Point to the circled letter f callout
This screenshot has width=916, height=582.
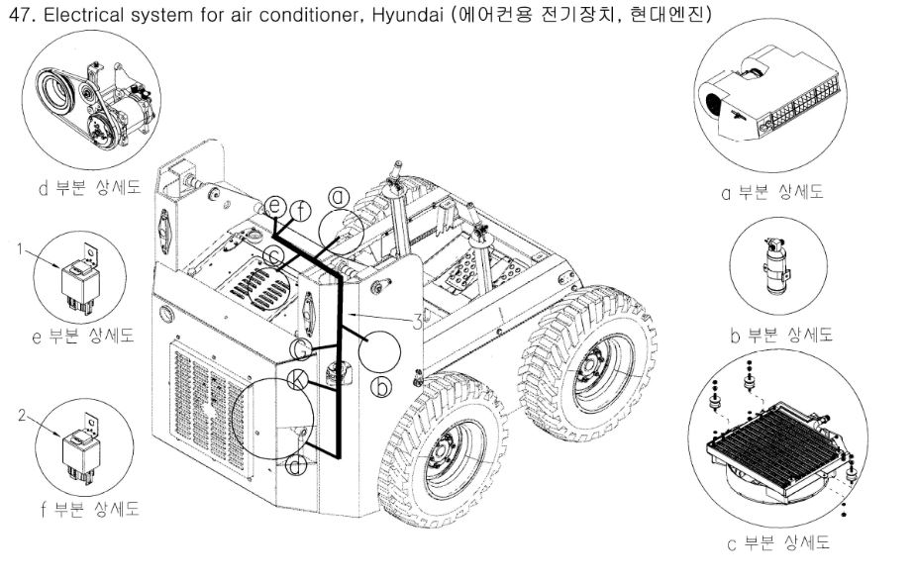click(x=302, y=209)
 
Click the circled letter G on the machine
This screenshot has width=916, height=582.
click(x=301, y=348)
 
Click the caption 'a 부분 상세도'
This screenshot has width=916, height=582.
click(x=771, y=192)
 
